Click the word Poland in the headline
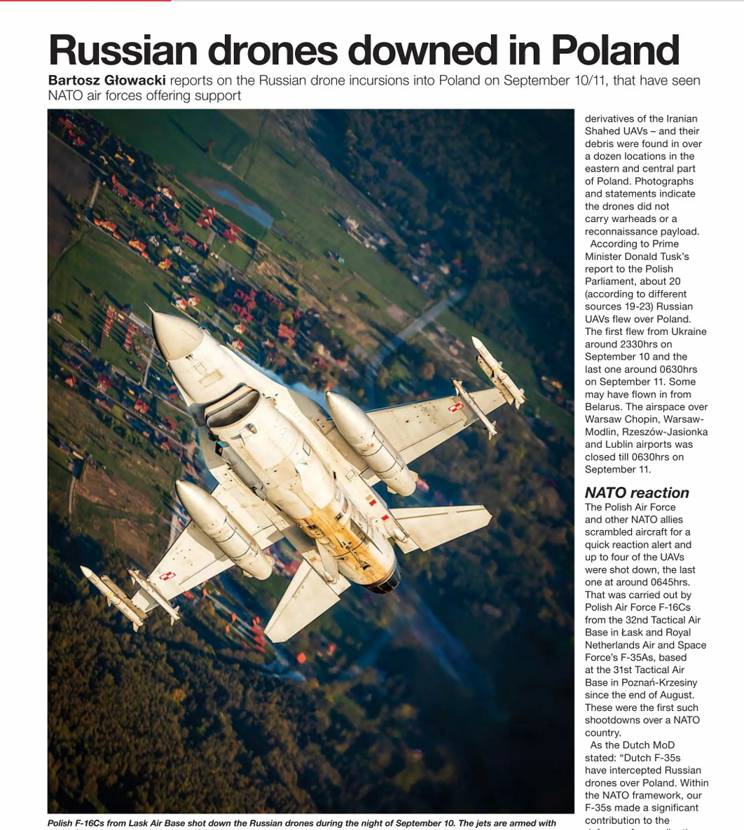(615, 50)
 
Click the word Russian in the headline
(123, 50)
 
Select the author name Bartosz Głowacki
(107, 81)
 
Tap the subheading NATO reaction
(637, 492)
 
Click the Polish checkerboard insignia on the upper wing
(455, 406)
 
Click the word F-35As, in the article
(607, 658)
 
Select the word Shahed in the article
(603, 131)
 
